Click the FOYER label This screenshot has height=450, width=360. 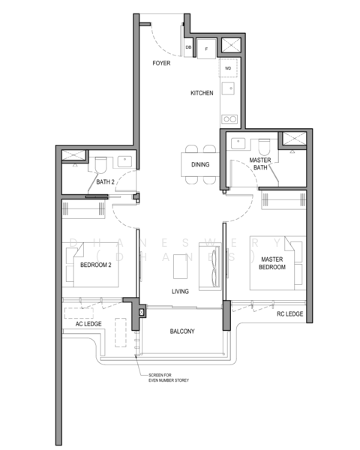pos(161,64)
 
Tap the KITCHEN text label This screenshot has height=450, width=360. pos(202,93)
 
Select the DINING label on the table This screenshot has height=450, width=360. pos(200,165)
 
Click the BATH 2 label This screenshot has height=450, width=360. pos(106,181)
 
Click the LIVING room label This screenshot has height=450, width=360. pos(180,291)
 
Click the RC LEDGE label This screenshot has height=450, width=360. pos(289,314)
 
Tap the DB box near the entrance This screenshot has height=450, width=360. pos(188,47)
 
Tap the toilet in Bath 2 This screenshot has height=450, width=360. pos(103,161)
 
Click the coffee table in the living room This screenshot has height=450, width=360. pos(180,266)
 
